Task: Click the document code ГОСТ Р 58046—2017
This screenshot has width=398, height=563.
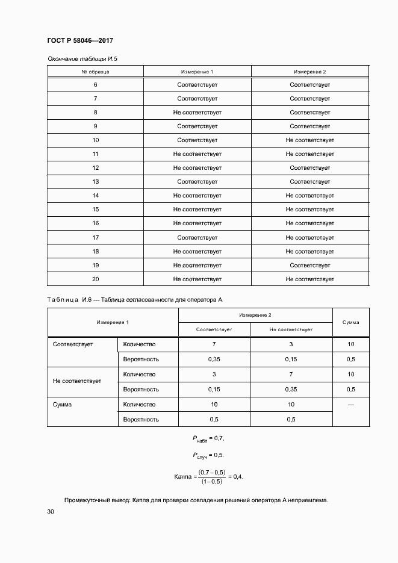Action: tap(79, 40)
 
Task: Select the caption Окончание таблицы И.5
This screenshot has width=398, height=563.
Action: tap(81, 59)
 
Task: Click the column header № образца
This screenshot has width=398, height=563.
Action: tap(95, 71)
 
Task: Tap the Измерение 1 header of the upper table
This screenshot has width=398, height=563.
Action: tap(197, 71)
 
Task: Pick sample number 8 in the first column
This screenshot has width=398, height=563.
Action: tap(95, 113)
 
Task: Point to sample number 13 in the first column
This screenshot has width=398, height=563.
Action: tap(95, 182)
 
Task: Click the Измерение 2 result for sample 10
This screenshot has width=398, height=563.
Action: tap(309, 140)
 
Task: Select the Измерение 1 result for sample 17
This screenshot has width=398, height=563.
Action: tap(197, 237)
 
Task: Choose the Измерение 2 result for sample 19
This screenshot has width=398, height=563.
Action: tap(309, 265)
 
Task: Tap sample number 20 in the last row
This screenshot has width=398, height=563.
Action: tap(95, 279)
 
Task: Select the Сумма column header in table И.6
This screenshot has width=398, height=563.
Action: tap(350, 322)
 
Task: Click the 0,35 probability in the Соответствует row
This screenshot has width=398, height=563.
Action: tap(214, 359)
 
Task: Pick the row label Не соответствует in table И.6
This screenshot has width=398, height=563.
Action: tap(77, 381)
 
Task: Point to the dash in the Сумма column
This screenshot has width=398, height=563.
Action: tap(350, 405)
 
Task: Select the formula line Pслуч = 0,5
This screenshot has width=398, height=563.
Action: tap(208, 455)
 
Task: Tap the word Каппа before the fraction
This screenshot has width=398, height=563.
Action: tap(182, 476)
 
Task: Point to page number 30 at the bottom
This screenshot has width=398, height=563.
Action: tap(51, 512)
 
